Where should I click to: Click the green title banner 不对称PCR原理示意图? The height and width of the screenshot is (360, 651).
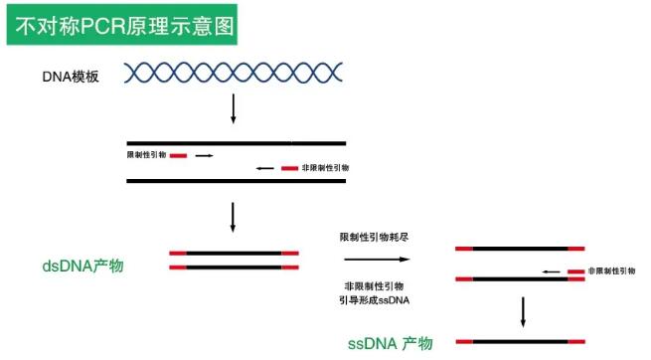[125, 25]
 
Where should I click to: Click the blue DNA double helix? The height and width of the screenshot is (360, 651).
[234, 73]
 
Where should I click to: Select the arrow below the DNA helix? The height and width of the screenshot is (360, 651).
[234, 109]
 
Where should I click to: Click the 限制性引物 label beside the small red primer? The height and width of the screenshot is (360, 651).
[146, 155]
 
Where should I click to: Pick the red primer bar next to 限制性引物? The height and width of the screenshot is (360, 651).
[178, 155]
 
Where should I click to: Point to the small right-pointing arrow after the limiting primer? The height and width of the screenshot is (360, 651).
[204, 155]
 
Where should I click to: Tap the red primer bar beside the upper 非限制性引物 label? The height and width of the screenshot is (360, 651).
[289, 169]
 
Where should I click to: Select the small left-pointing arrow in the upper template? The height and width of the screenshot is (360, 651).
[264, 169]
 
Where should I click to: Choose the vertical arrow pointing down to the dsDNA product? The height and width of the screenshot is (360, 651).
[234, 217]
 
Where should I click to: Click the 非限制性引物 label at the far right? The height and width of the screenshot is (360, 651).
[611, 270]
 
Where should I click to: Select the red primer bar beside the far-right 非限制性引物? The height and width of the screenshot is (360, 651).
[575, 270]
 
